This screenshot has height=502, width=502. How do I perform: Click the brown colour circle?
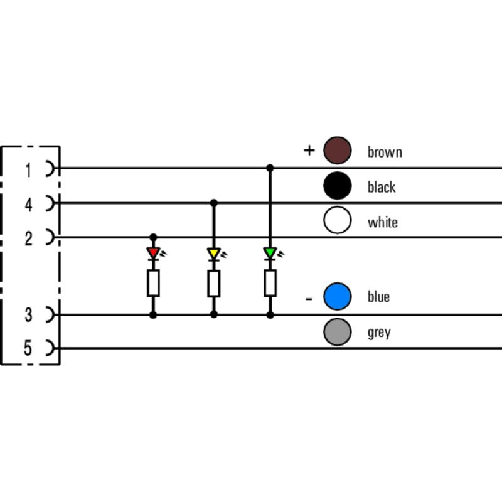[337, 151]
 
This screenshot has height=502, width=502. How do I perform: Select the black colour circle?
[337, 186]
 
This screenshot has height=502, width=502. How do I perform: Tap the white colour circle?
[337, 221]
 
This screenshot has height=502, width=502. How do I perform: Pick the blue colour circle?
[337, 297]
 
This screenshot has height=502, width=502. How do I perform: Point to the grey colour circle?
[337, 332]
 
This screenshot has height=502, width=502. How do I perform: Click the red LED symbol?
[153, 253]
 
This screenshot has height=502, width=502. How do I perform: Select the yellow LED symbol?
[213, 254]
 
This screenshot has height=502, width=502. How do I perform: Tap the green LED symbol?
[270, 253]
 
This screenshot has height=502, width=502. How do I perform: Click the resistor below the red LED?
[153, 284]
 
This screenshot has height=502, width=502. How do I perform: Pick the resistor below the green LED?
[270, 283]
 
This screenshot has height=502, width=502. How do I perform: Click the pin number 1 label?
[28, 169]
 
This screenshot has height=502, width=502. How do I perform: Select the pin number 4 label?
[28, 204]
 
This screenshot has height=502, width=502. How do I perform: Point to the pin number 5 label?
[28, 348]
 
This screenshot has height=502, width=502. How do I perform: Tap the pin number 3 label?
[28, 315]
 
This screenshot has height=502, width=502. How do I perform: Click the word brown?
[385, 152]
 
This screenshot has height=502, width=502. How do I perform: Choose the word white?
[383, 222]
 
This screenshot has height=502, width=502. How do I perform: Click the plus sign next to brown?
[308, 151]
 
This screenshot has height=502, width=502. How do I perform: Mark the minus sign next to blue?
[309, 299]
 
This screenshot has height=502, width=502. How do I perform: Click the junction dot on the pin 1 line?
[270, 168]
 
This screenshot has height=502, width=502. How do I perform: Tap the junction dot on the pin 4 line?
[213, 203]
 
